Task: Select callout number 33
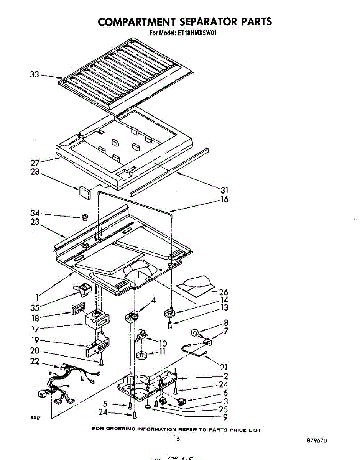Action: [x=35, y=74]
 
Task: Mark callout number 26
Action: [x=224, y=292]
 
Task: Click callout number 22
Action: [x=35, y=361]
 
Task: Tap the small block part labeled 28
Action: [x=84, y=191]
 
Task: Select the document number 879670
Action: [x=316, y=441]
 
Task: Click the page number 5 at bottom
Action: [x=178, y=439]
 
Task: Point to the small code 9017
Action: [x=35, y=419]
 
